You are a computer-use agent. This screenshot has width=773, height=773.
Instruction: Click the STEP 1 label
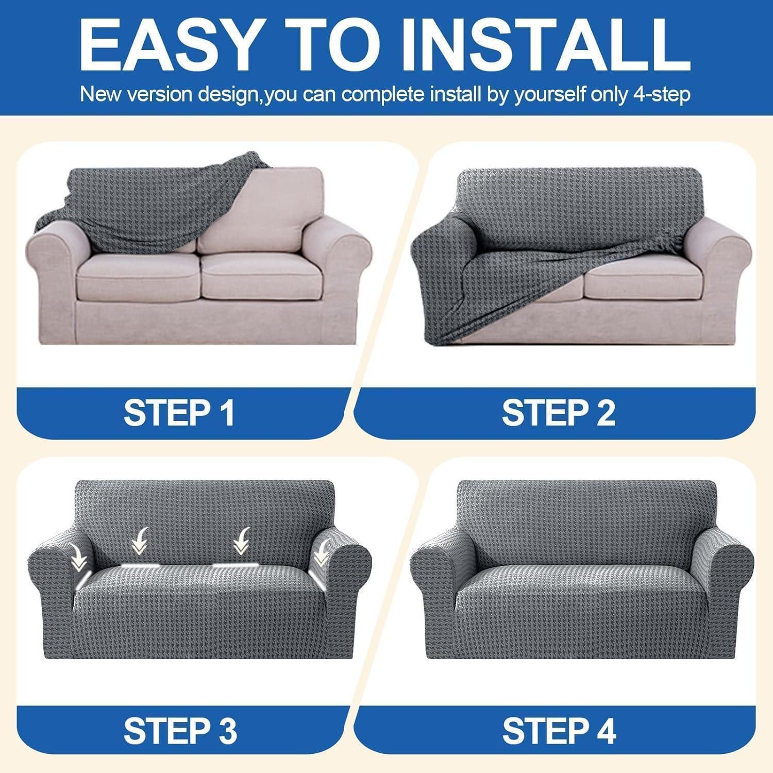[x=179, y=412]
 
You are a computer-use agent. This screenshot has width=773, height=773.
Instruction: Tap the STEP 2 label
[x=559, y=412]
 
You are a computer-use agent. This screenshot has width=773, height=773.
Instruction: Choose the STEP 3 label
[x=180, y=730]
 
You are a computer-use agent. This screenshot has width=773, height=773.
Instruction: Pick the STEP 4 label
[x=559, y=730]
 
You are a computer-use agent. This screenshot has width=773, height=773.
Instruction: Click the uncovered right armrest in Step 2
[x=719, y=273]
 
